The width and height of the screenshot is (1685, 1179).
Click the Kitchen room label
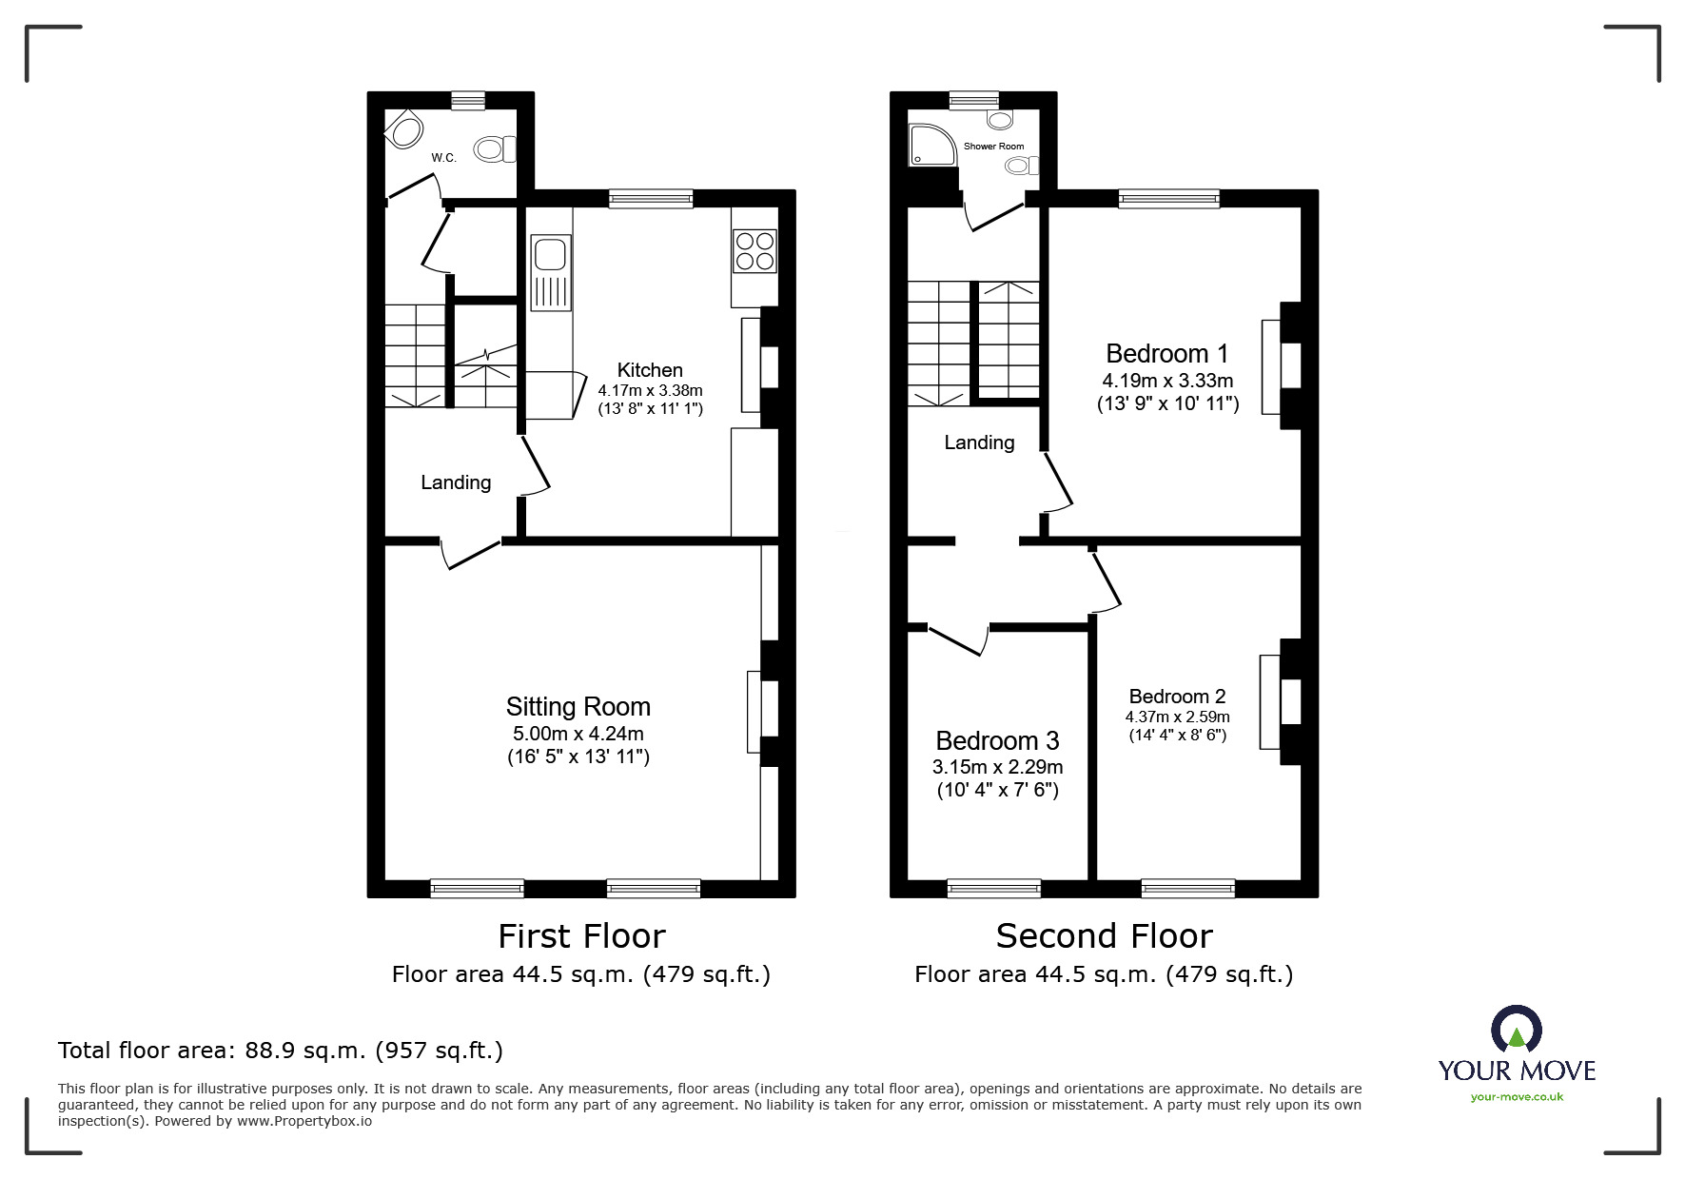650,370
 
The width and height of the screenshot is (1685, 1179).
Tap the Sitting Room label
578,707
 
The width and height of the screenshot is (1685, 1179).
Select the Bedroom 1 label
1167,354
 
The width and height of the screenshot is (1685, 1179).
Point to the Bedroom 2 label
1178,697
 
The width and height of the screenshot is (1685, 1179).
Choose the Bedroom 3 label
997,740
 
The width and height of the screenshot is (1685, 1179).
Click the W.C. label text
443,158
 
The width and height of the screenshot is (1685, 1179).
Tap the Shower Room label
993,147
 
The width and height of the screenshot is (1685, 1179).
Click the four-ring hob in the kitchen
754,250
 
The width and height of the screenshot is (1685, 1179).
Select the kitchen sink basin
551,255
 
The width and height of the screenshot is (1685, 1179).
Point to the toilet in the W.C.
495,149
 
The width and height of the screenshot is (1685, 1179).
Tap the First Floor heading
581,936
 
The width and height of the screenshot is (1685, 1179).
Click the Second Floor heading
1104,936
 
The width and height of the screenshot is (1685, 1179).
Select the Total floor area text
281,1051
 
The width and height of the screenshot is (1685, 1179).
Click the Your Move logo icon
1516,1030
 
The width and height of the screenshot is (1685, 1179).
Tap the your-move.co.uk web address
1517,1097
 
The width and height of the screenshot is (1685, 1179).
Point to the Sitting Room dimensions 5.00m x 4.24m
578,734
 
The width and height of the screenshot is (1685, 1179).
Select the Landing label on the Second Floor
979,442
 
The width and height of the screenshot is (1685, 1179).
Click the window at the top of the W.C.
468,100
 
